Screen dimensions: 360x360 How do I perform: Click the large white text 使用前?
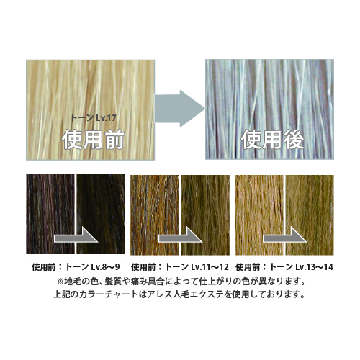pyautogui.click(x=93, y=140)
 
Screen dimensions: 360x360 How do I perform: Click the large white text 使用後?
pyautogui.click(x=272, y=140)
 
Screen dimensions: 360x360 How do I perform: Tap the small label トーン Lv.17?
pyautogui.click(x=94, y=118)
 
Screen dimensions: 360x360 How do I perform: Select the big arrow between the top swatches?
pyautogui.click(x=180, y=109)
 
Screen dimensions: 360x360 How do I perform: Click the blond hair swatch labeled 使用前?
pyautogui.click(x=90, y=110)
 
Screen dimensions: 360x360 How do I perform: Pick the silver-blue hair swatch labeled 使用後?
pyautogui.click(x=269, y=109)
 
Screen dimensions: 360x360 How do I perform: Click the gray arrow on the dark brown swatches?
pyautogui.click(x=76, y=238)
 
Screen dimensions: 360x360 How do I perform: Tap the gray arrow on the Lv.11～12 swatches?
pyautogui.click(x=181, y=238)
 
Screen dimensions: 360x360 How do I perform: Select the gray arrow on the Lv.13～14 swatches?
pyautogui.click(x=285, y=238)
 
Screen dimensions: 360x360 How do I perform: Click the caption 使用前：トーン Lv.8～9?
pyautogui.click(x=76, y=267)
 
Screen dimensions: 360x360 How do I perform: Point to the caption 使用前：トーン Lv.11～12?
pyautogui.click(x=180, y=267)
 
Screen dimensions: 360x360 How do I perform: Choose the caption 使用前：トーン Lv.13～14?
pyautogui.click(x=284, y=267)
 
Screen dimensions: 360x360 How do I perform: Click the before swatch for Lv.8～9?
pyautogui.click(x=50, y=214)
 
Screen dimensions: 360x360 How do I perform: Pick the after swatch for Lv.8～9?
pyautogui.click(x=101, y=214)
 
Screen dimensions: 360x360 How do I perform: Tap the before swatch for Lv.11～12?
pyautogui.click(x=155, y=215)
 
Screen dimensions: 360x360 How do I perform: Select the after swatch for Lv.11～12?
pyautogui.click(x=205, y=215)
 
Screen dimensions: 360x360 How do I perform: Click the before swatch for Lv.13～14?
pyautogui.click(x=259, y=215)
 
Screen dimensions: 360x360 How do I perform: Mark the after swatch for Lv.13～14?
pyautogui.click(x=310, y=215)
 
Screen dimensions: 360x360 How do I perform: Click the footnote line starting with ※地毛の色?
pyautogui.click(x=181, y=281)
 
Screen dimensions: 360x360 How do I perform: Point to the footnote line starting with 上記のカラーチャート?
pyautogui.click(x=179, y=294)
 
